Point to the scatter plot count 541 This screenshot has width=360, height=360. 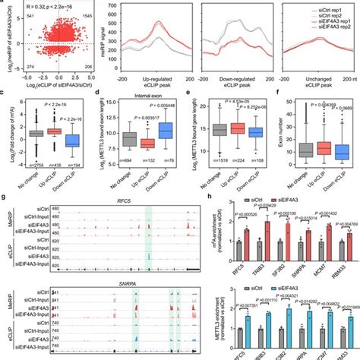[10, 14]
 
